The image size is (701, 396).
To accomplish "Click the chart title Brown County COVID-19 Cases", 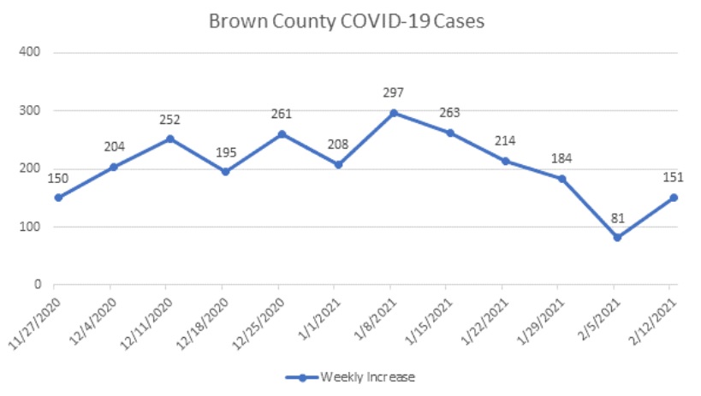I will pyautogui.click(x=348, y=21).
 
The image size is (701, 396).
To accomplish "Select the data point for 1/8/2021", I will pyautogui.click(x=394, y=113).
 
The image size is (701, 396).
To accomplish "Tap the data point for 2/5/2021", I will pyautogui.click(x=617, y=238).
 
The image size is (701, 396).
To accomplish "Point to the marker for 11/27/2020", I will pyautogui.click(x=56, y=198).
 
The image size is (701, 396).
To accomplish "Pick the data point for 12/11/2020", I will pyautogui.click(x=169, y=139).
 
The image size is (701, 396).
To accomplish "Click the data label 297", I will pyautogui.click(x=394, y=92).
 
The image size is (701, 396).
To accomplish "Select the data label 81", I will pyautogui.click(x=617, y=217).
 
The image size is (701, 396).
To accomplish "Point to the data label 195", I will pyautogui.click(x=225, y=151).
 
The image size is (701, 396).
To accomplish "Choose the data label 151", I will pyautogui.click(x=673, y=177).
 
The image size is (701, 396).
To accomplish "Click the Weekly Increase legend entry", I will pyautogui.click(x=352, y=376).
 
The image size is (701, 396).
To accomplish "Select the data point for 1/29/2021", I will pyautogui.click(x=561, y=179).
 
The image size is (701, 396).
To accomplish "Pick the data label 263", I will pyautogui.click(x=449, y=113).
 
